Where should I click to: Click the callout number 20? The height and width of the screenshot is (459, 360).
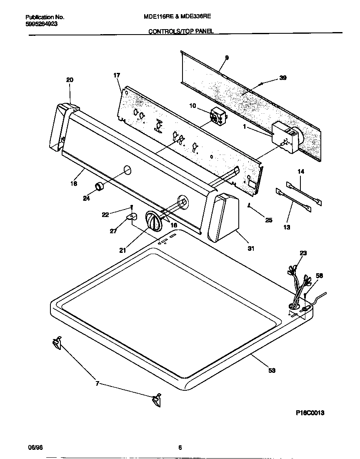click(x=70, y=80)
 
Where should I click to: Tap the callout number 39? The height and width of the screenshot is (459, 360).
click(x=283, y=77)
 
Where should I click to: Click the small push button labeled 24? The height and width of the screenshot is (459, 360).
click(x=99, y=187)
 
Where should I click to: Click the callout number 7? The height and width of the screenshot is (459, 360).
click(x=97, y=384)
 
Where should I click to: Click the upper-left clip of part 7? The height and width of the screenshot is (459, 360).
click(x=57, y=342)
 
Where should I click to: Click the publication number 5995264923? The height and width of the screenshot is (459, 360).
click(x=42, y=24)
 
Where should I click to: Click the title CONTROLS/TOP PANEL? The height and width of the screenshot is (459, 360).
click(x=181, y=31)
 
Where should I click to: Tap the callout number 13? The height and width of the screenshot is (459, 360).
click(x=287, y=227)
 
